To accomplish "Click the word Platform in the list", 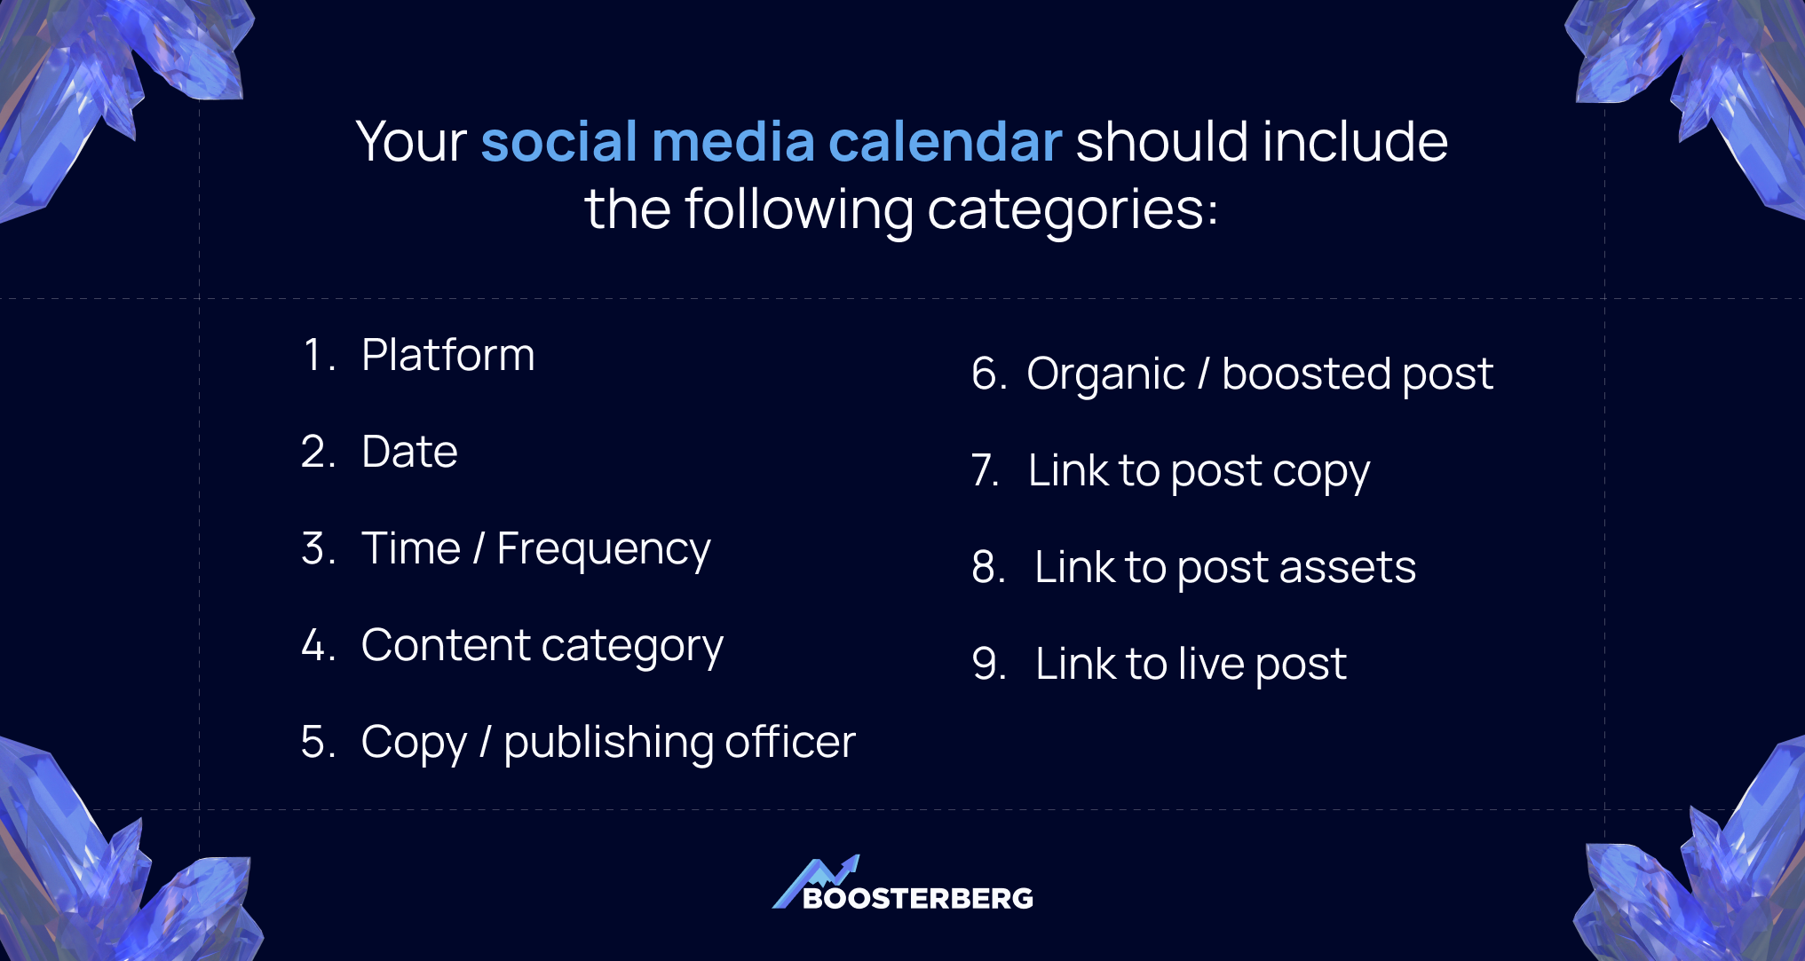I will pyautogui.click(x=447, y=356).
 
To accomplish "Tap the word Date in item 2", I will pyautogui.click(x=409, y=453).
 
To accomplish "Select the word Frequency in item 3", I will pyautogui.click(x=604, y=549).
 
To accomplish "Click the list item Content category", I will pyautogui.click(x=542, y=646).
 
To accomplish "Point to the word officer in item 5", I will pyautogui.click(x=789, y=743).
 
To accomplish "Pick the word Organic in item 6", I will pyautogui.click(x=1105, y=374).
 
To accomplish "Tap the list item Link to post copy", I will pyautogui.click(x=1199, y=471).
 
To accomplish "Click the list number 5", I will pyautogui.click(x=317, y=743).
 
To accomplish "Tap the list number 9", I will pyautogui.click(x=988, y=665).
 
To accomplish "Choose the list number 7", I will pyautogui.click(x=985, y=471).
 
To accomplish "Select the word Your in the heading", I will pyautogui.click(x=411, y=142).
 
